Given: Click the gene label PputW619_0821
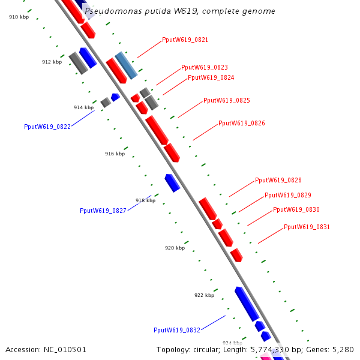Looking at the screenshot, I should pos(185,40).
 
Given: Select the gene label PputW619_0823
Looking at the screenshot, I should pos(205,68).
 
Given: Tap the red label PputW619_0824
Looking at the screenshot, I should pos(211,78).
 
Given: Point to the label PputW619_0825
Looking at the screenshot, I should pos(227,101).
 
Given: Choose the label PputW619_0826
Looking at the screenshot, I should pos(242,124).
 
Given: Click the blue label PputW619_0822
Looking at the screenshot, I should pos(47,127).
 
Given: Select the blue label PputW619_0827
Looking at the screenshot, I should pos(103,211).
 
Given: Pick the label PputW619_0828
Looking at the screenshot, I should pos(278,181).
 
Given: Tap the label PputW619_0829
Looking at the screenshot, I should pos(288,196).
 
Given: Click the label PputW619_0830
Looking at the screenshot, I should pos(296,210).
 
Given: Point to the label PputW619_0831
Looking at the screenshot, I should pos(307,227).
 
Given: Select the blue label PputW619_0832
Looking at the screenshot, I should pos(177,331).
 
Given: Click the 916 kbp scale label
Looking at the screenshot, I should pos(115,154).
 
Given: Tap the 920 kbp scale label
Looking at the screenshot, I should pos(175,248).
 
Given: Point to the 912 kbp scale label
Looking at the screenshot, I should pos(52,62).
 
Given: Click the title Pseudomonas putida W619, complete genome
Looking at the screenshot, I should pos(180,11).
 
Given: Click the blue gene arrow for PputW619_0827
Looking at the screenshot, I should pos(172,182).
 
